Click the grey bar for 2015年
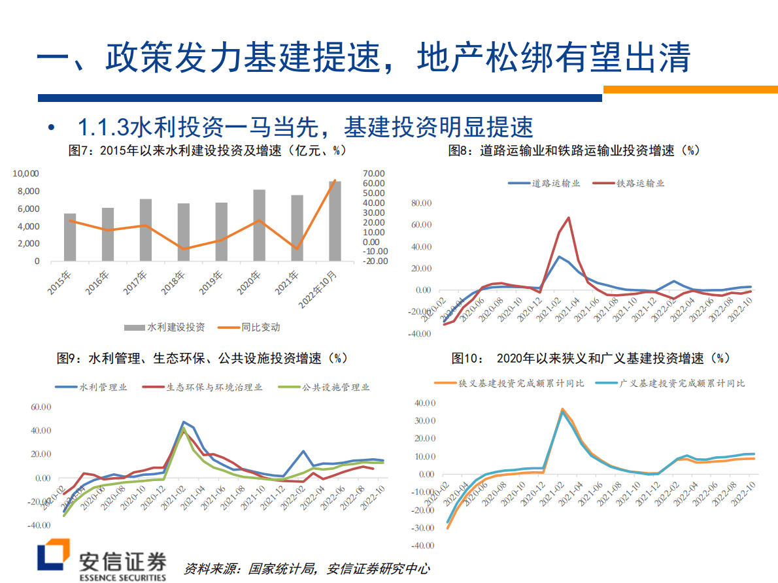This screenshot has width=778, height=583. point(69,237)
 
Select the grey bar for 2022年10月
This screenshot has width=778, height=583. point(335,221)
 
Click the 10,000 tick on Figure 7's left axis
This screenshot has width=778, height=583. point(26,174)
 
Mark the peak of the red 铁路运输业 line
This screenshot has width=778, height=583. point(569,218)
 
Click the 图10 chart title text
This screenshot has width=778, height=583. point(589,358)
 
